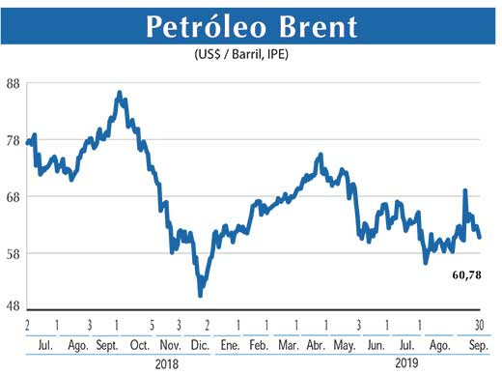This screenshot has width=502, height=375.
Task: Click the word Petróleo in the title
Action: (202, 26)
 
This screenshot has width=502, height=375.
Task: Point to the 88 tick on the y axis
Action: (14, 84)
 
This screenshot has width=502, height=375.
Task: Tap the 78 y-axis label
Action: (14, 141)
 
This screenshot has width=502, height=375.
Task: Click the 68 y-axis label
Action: (14, 197)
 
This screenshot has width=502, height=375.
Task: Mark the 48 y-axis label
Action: (14, 305)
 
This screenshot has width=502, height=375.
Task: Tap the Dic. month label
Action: (201, 344)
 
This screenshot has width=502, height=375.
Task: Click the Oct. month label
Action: (139, 344)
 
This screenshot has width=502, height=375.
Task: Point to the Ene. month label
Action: (230, 344)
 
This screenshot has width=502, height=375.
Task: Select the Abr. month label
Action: (316, 344)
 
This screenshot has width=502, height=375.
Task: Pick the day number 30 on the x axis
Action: (479, 324)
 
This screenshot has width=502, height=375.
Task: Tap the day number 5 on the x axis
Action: (152, 324)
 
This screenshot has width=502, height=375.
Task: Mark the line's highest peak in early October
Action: (119, 93)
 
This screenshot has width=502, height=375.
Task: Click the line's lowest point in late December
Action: (200, 295)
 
